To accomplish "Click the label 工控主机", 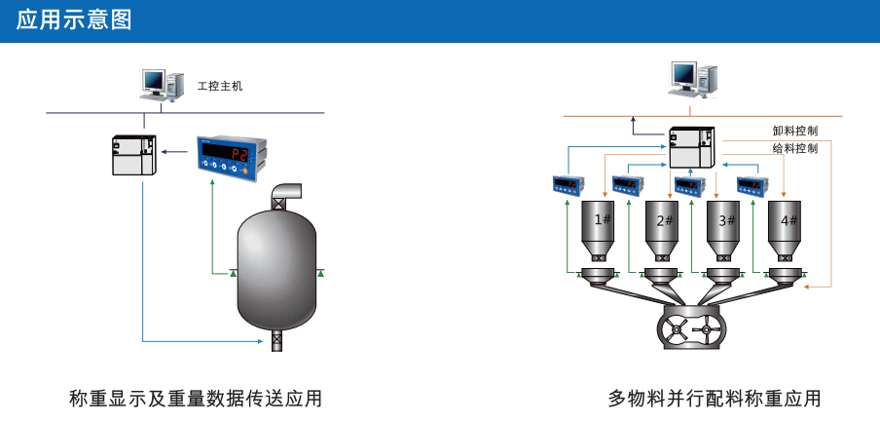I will pos(219,86).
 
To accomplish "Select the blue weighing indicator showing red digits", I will pos(230,155).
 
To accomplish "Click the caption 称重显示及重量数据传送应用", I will pos(196,399).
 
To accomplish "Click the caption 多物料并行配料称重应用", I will pos(715,399).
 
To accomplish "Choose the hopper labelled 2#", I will pos(664,228).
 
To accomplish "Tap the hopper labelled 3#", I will pos(725,228).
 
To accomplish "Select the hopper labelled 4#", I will pos(787,228).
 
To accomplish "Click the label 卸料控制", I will pos(794,131).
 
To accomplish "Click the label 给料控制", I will pos(794,148).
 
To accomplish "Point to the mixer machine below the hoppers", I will pos(693,328).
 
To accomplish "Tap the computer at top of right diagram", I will pos(693,77).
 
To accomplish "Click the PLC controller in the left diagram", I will pos(132,154).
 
